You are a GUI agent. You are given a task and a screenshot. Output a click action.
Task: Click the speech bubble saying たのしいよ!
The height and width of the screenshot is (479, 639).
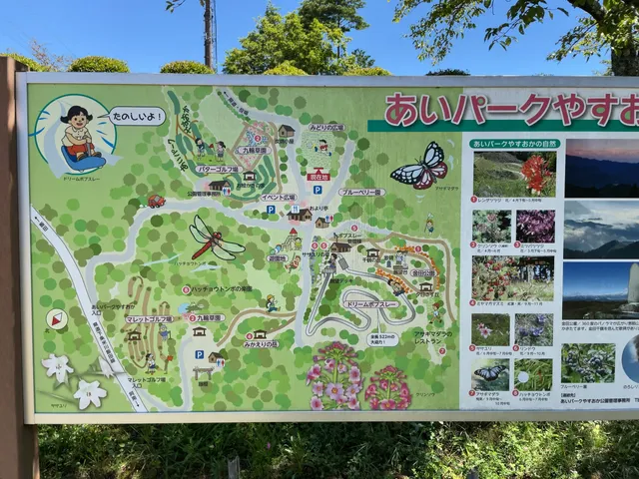[x=137, y=116]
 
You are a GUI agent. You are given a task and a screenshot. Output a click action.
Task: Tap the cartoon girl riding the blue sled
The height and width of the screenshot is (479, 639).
[x=78, y=136]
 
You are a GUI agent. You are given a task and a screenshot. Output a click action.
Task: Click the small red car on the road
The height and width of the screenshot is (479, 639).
[x=156, y=201]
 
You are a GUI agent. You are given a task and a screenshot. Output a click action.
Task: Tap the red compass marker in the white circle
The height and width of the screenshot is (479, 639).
[x=57, y=319]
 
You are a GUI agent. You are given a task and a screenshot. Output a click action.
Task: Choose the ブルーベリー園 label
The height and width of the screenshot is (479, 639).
[x=360, y=192]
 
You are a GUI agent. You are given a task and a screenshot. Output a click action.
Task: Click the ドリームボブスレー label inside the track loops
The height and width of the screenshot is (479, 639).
[x=370, y=303]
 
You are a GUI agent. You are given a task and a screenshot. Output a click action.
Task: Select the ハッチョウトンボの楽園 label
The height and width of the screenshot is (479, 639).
[x=222, y=289]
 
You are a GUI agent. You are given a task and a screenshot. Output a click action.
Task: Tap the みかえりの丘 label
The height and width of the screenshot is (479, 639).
[x=261, y=344]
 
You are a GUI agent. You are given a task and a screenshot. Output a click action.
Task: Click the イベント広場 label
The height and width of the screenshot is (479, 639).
[x=279, y=197]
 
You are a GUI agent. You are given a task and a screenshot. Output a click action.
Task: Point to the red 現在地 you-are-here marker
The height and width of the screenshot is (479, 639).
[x=318, y=175]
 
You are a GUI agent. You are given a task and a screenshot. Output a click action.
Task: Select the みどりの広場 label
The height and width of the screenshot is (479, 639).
[x=325, y=129]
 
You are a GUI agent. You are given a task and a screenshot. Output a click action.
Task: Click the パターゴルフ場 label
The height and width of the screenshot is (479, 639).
[x=217, y=170]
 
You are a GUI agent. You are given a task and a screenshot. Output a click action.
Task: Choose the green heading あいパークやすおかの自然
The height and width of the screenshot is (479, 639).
[x=514, y=145]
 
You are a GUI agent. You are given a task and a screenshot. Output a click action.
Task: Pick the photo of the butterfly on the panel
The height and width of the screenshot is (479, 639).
[x=490, y=374]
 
